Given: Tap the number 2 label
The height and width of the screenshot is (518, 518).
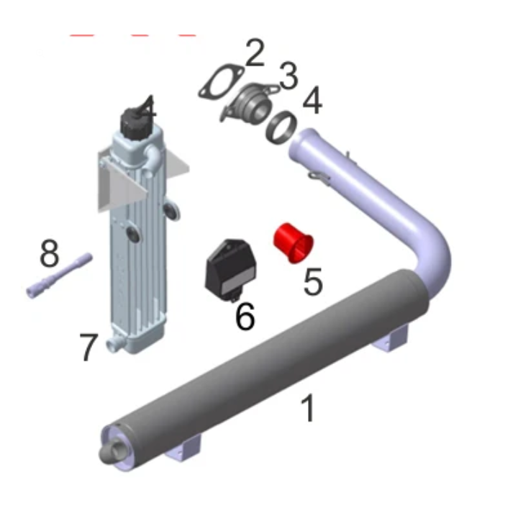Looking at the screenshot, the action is [x=255, y=53].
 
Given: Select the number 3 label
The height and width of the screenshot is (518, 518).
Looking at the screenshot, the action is [x=288, y=76].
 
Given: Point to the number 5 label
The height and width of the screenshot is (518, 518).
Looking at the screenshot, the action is [x=312, y=281].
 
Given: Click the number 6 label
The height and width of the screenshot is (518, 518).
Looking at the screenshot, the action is [x=245, y=316].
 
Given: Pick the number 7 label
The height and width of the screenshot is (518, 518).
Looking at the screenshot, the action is [x=88, y=347].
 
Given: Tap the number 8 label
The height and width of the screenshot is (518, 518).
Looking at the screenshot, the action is [x=49, y=253].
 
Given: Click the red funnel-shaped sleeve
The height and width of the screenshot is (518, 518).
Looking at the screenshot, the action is [x=294, y=243].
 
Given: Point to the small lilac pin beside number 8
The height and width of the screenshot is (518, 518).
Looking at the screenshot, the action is [x=59, y=276].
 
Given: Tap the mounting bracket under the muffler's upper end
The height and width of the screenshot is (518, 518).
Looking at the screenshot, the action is [x=391, y=337].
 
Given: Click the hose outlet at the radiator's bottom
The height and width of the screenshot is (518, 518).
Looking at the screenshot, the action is [x=114, y=344].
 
